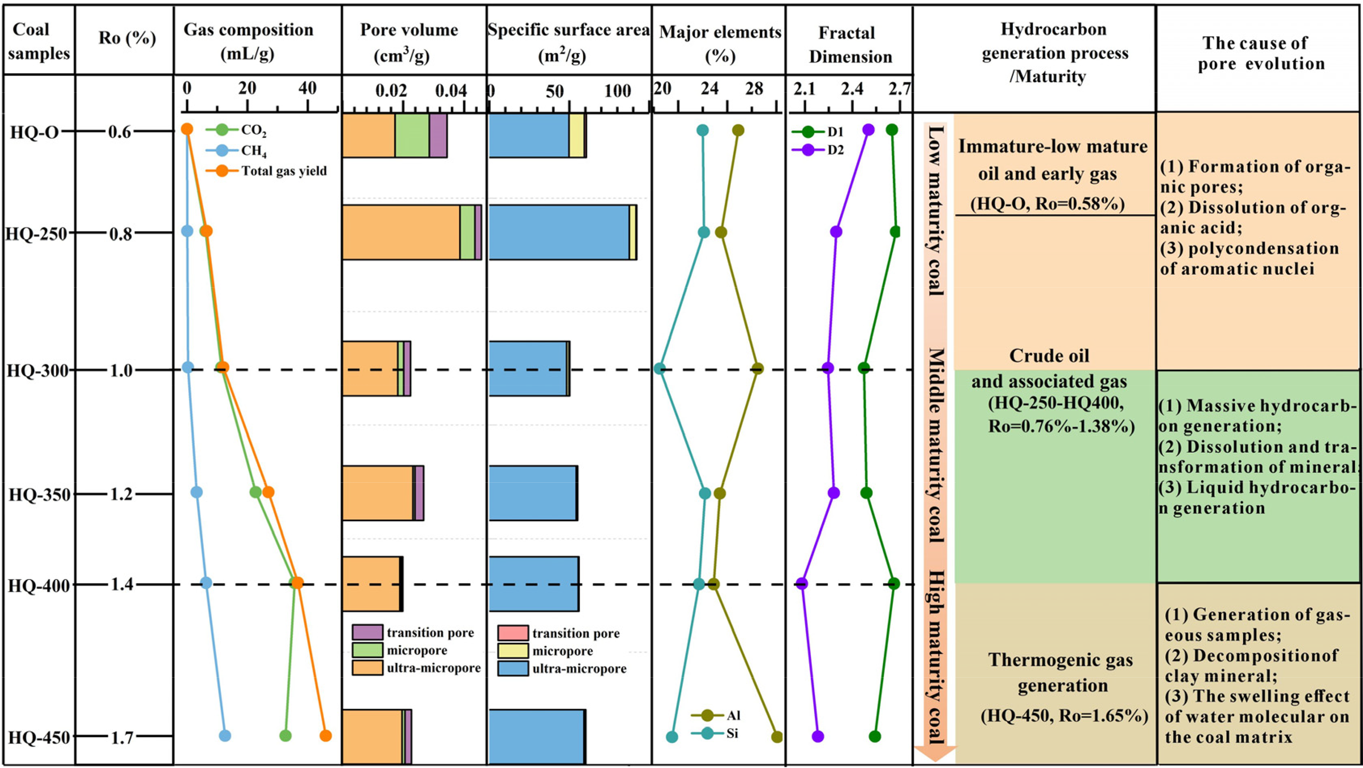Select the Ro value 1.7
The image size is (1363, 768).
pos(122,737)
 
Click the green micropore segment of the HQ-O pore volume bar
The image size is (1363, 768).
pos(412,135)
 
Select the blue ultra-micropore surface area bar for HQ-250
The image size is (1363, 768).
pos(559,232)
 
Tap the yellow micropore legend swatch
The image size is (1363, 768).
pos(513,651)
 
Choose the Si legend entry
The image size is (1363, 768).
pos(714,734)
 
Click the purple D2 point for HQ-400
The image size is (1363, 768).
pos(802,584)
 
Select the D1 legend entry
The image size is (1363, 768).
pos(818,132)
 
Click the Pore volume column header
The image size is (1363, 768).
pos(409,42)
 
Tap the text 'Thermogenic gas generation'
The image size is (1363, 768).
pos(1061,672)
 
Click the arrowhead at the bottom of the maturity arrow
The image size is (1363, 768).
pos(935,753)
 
